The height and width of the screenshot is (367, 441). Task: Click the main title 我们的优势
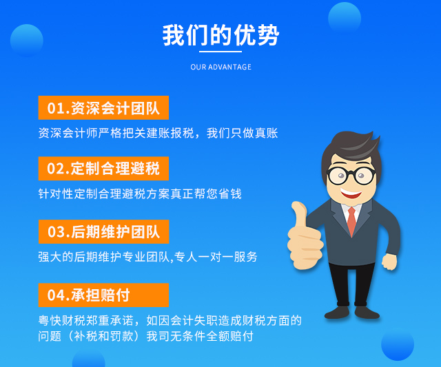click(x=220, y=35)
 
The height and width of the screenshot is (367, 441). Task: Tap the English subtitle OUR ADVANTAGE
click(x=220, y=67)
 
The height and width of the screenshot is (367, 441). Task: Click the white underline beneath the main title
click(x=220, y=52)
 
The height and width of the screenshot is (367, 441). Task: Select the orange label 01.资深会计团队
click(x=103, y=107)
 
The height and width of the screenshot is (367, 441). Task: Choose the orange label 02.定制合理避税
click(x=103, y=168)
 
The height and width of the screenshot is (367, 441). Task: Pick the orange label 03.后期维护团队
click(x=104, y=231)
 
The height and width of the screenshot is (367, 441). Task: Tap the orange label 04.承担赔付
click(x=103, y=295)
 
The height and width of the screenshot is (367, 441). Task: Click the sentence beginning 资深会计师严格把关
click(x=158, y=133)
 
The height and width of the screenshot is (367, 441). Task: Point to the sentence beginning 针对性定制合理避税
click(x=140, y=193)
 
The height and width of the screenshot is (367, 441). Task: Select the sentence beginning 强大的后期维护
click(x=147, y=257)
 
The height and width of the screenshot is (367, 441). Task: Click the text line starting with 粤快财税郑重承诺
click(x=170, y=320)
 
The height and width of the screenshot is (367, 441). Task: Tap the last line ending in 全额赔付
click(x=145, y=336)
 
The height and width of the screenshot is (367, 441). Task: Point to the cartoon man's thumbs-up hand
click(x=305, y=236)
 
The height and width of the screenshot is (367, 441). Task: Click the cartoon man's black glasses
click(x=351, y=176)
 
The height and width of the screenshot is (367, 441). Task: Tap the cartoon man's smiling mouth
click(x=351, y=193)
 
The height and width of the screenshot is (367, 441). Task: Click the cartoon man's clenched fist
click(x=389, y=262)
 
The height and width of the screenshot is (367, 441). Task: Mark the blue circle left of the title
click(x=27, y=41)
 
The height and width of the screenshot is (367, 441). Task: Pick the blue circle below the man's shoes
click(x=398, y=344)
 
